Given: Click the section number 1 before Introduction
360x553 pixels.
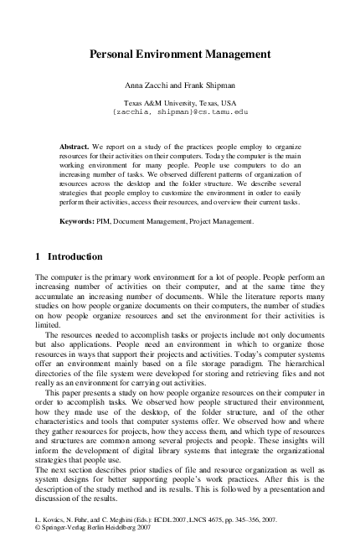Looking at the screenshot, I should [x=39, y=256].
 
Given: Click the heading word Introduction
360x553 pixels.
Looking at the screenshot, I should [x=75, y=256].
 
